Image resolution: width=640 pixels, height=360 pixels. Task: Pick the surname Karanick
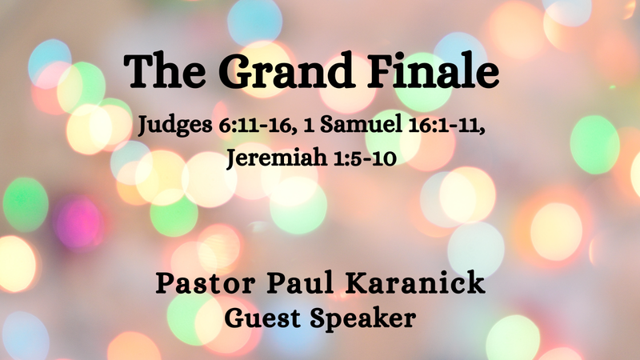414,285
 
